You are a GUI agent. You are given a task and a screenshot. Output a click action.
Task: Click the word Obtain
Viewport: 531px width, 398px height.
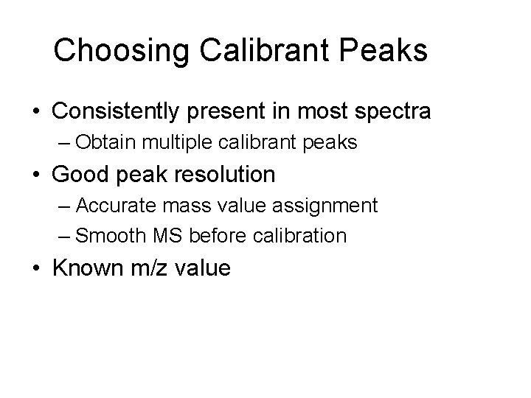[x=102, y=143]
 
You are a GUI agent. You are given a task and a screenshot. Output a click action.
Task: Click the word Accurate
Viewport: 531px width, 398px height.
[x=110, y=205]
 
